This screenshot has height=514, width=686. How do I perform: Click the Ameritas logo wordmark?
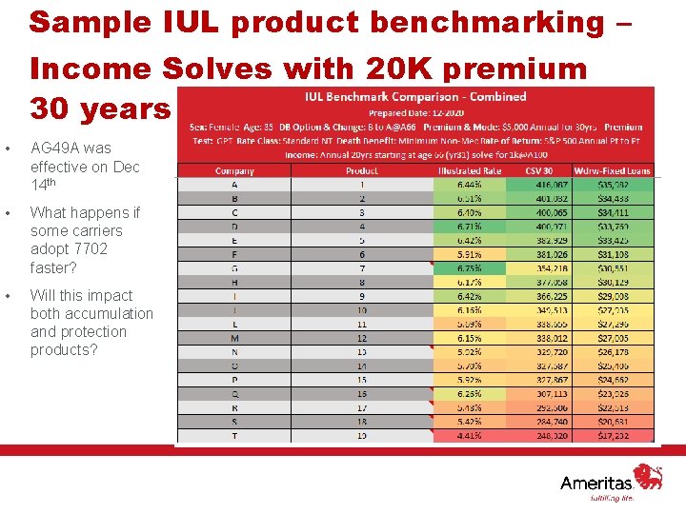click(595, 483)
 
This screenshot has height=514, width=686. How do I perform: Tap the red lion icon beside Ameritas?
click(649, 476)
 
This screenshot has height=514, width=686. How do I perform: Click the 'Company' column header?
click(234, 171)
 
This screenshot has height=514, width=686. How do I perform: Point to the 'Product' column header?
click(361, 171)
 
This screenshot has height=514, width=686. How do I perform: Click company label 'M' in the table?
click(234, 338)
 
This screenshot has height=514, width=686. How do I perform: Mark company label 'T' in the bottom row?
click(234, 436)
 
